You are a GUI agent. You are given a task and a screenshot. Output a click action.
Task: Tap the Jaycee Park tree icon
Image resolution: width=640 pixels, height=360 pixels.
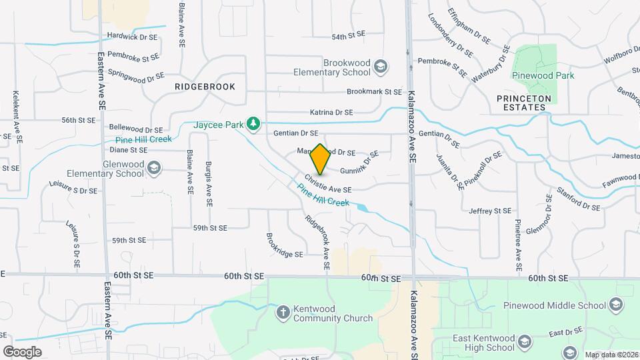click(253, 123)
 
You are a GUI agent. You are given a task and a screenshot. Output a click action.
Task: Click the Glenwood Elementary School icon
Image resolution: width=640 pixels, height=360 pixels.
click(154, 168)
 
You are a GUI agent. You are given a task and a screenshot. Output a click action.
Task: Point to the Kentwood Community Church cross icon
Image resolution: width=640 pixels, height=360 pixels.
click(283, 312)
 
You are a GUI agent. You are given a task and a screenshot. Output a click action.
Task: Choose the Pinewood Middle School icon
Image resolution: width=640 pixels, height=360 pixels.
click(616, 306)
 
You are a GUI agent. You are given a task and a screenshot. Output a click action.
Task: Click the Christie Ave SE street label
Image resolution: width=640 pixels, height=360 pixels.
click(328, 185)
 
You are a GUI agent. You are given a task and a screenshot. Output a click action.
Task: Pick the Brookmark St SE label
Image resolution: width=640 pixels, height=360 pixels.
click(374, 92)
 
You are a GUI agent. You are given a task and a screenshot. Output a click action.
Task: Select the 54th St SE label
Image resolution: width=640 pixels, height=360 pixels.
click(349, 35)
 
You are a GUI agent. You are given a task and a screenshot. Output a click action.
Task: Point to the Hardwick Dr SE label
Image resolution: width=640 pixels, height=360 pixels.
click(132, 37)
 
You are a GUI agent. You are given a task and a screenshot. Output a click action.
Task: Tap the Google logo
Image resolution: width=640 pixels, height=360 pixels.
click(22, 351)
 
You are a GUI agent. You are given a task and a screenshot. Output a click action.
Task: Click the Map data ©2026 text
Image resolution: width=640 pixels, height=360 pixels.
click(611, 355)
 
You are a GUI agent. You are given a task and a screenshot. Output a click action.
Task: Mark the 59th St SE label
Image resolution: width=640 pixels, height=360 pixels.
click(210, 228)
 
